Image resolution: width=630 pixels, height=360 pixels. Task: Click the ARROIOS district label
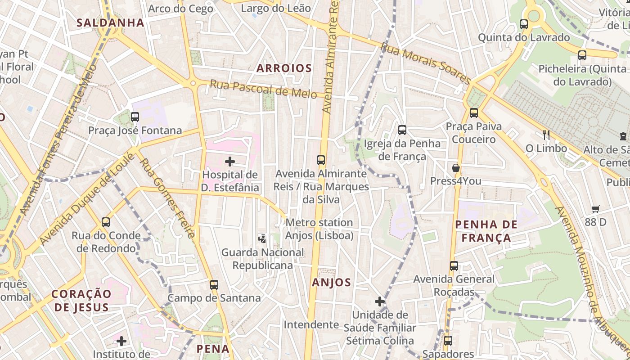tap(283, 68)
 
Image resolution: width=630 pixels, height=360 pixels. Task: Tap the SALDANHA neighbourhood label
tap(110, 22)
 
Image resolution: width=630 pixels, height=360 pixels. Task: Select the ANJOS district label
tap(331, 283)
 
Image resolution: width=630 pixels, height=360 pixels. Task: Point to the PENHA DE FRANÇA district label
tap(486, 231)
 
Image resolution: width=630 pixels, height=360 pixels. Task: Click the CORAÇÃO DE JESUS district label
tap(81, 301)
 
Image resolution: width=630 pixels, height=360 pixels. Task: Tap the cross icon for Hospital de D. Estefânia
tap(230, 162)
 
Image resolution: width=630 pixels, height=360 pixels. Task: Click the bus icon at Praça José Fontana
tap(135, 117)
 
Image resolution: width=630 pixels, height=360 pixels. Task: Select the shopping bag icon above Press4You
tap(456, 168)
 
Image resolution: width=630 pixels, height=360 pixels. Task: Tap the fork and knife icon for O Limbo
tap(546, 135)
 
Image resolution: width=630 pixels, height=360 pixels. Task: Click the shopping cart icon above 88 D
tap(596, 209)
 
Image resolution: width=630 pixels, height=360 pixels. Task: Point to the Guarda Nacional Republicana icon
tap(262, 239)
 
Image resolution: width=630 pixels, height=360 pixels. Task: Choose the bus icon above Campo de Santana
tap(214, 284)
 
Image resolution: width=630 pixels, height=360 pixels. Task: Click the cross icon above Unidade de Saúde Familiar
tap(380, 301)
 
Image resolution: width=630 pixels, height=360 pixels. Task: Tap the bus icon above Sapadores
tap(448, 341)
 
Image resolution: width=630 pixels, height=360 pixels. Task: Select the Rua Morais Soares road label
tap(426, 63)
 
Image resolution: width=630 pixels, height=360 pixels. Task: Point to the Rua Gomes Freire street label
tap(167, 198)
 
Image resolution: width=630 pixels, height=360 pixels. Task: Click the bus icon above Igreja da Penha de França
tap(402, 130)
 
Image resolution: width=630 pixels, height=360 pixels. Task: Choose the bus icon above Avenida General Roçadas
tap(454, 266)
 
